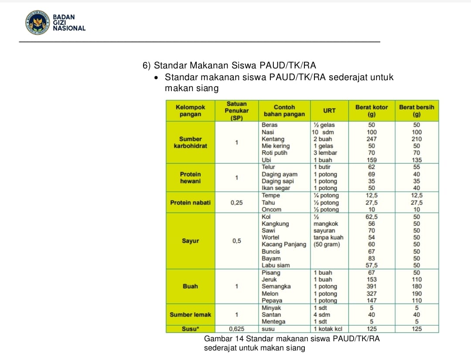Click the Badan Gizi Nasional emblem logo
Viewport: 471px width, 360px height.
37,23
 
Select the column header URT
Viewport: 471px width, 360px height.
329,111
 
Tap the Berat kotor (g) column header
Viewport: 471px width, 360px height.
372,111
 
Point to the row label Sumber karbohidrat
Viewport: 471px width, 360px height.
190,143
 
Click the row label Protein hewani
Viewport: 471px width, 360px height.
190,177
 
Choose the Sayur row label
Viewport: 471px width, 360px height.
190,241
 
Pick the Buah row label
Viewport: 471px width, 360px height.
190,286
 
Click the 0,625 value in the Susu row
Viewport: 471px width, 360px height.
236,329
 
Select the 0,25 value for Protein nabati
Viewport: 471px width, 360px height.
236,203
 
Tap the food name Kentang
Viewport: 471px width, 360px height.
273,139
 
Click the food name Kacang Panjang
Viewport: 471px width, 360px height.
283,245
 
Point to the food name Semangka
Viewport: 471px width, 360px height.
276,286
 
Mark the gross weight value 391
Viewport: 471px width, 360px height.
372,286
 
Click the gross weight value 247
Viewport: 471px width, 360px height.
372,139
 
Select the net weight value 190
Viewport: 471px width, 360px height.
417,294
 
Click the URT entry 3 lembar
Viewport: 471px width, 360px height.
325,153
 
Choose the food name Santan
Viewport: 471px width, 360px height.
271,315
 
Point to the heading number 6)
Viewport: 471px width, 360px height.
147,66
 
